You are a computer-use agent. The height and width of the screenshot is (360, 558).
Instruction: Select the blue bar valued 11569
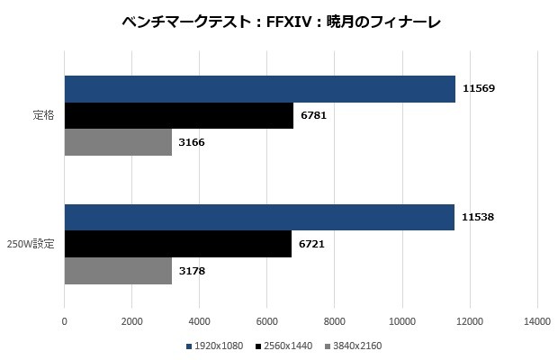(259, 89)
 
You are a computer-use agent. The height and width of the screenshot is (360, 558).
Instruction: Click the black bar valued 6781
(179, 116)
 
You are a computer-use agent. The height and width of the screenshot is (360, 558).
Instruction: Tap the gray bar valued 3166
(118, 142)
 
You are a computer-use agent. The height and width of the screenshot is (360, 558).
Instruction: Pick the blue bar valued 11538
(259, 217)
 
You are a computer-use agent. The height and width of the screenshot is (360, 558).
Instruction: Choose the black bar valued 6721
(178, 244)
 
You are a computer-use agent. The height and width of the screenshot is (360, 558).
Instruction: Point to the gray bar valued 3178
(118, 270)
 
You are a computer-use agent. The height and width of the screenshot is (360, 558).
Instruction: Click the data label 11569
(479, 89)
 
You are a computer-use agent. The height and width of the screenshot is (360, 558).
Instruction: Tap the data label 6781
(314, 116)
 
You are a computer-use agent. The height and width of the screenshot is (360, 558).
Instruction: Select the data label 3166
(193, 142)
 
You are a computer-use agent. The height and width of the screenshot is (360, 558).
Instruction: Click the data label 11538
(478, 217)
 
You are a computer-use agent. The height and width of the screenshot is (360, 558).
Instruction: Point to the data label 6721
(312, 244)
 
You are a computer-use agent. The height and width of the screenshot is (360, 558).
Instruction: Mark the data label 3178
(193, 270)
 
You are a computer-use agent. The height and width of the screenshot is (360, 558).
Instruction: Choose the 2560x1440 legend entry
(286, 346)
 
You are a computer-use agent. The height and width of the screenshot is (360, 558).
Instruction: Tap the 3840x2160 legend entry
(355, 346)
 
